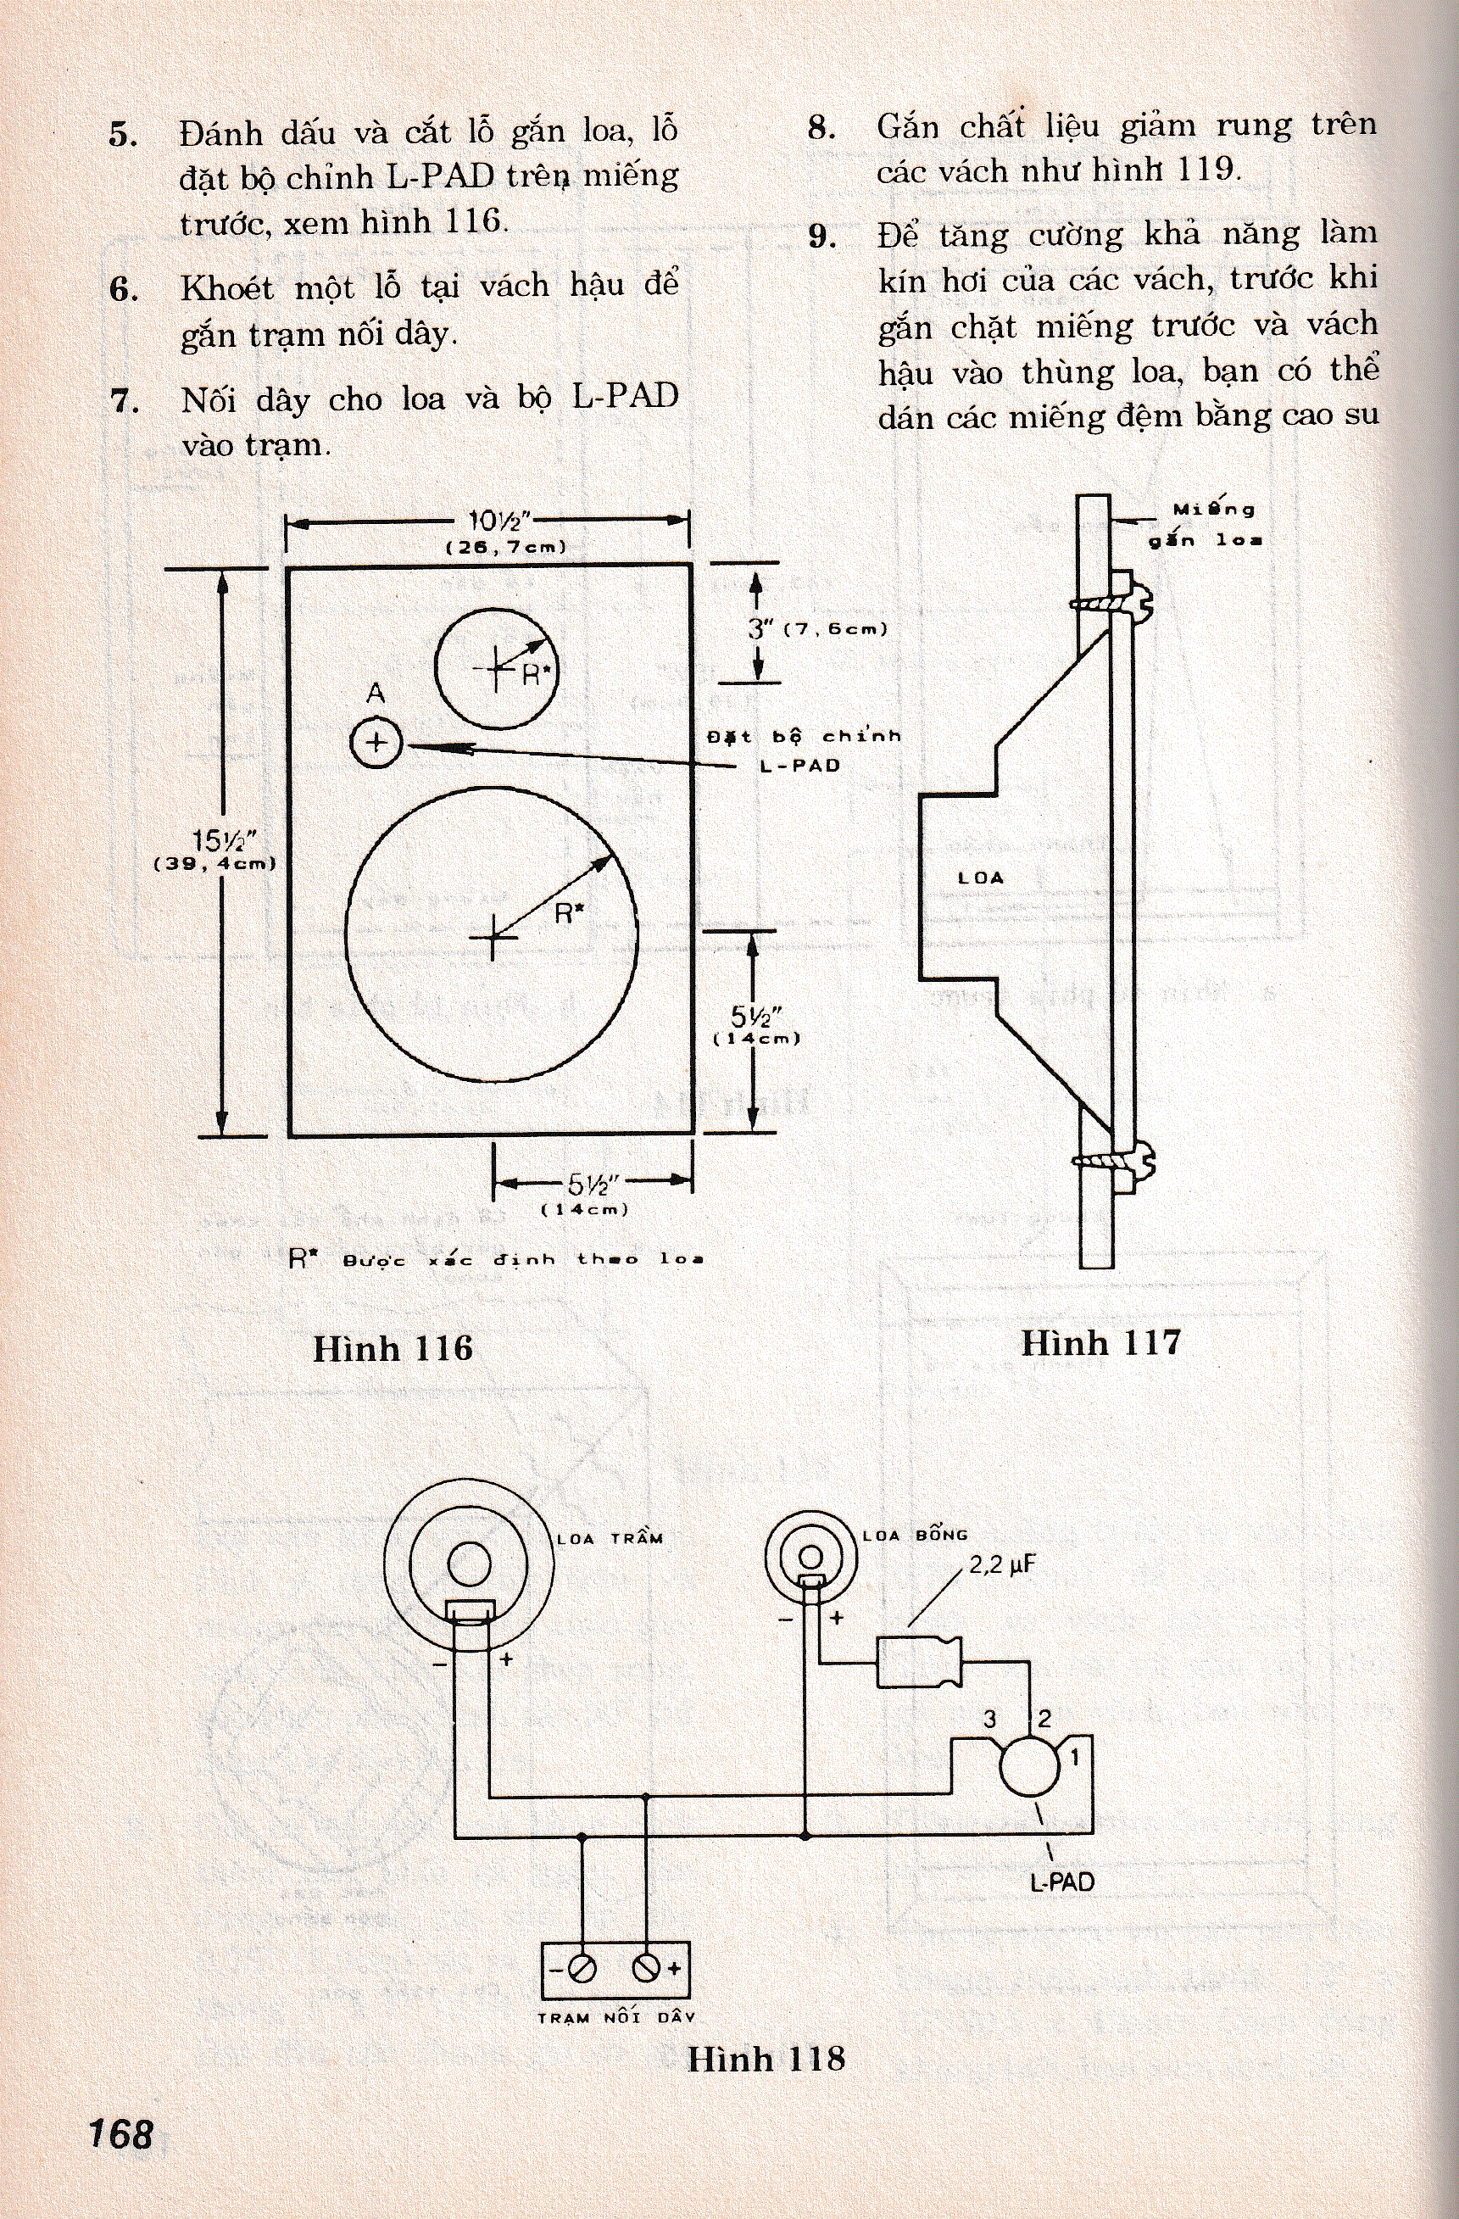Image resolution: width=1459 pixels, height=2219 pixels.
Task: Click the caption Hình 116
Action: click(x=393, y=1349)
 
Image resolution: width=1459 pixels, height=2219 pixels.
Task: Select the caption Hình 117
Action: click(x=1100, y=1342)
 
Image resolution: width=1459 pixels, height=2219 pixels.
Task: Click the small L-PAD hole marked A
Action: click(x=376, y=743)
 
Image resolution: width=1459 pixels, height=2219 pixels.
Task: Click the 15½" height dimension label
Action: click(x=217, y=841)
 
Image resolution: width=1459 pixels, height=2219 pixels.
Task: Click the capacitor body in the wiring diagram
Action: click(x=918, y=1663)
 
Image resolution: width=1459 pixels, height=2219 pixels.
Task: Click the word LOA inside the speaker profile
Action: click(x=981, y=878)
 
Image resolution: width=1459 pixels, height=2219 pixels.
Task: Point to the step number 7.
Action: click(x=124, y=402)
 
